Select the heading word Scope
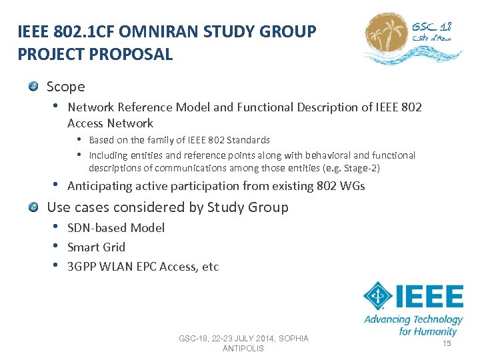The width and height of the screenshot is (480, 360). coord(66,87)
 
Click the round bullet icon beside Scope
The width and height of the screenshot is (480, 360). coord(33,86)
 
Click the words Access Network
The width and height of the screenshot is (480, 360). coord(110,123)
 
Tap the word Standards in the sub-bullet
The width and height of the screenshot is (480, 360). coord(248,140)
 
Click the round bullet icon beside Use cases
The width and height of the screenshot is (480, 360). coord(33,207)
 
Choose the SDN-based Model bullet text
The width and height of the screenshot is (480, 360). coord(116,228)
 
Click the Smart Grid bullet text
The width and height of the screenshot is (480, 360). coord(96,247)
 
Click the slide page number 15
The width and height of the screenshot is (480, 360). coord(447,343)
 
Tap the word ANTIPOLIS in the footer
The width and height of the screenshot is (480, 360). coord(243,349)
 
